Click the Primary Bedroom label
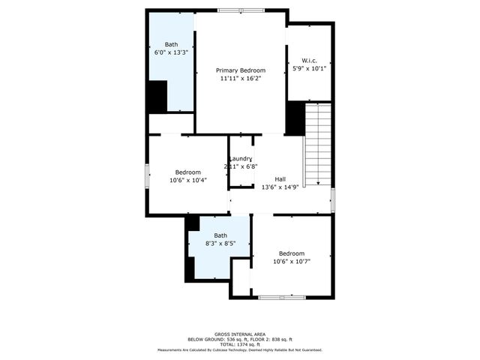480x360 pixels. point(241,70)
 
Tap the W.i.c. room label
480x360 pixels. point(308,60)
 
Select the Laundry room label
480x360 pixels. point(241,158)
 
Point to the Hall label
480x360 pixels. point(280,178)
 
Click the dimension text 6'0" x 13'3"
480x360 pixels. point(171,53)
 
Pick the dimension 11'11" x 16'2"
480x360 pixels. point(241,78)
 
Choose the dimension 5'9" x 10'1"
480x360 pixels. point(308,68)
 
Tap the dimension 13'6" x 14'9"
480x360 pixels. point(280,187)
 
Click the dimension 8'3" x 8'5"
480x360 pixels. point(220,243)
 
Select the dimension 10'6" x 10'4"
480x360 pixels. point(188,180)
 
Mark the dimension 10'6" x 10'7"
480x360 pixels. point(292,262)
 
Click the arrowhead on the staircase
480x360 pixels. point(318,182)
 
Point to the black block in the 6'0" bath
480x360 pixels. point(157,96)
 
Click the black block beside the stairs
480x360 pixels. point(295,118)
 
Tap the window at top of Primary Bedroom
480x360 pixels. point(241,10)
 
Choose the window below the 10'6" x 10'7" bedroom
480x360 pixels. point(280,298)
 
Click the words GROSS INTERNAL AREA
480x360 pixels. point(239,334)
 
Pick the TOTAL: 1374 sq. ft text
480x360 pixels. point(239,344)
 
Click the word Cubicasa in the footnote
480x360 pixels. point(217,349)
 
